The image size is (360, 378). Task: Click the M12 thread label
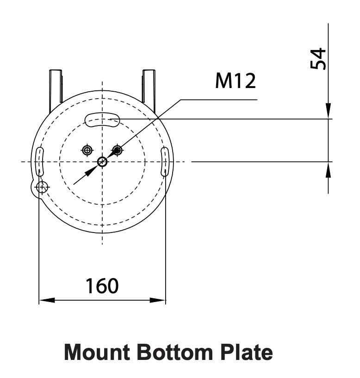click(235, 82)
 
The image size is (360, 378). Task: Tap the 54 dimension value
click(318, 59)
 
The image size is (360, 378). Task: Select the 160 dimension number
click(102, 286)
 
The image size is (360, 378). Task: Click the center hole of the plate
click(102, 162)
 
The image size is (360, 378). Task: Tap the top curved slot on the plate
click(103, 120)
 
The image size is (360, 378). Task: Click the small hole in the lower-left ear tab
click(42, 187)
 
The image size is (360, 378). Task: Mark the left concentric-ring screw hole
click(87, 150)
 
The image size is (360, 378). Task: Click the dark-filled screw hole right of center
click(118, 150)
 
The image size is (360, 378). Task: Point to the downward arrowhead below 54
click(328, 111)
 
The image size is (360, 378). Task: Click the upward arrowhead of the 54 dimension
click(328, 170)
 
